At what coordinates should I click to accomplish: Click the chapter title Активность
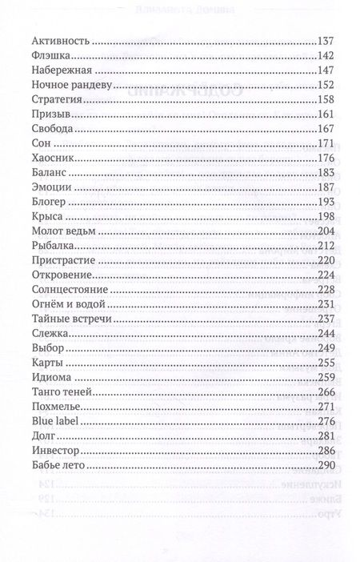coord(60,41)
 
